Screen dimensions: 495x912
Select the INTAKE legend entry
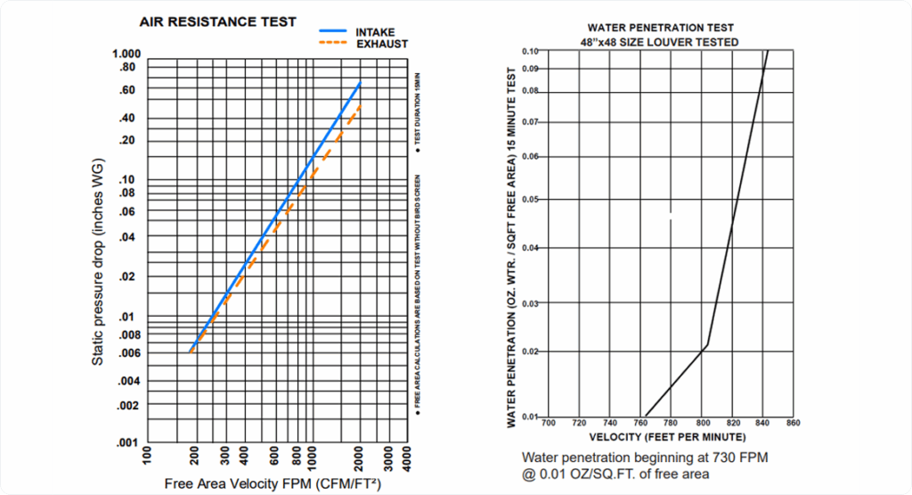pyautogui.click(x=375, y=32)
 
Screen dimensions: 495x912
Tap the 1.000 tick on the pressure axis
pyautogui.click(x=126, y=55)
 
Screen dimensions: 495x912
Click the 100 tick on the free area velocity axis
pyautogui.click(x=147, y=459)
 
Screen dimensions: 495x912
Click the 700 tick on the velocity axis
pyautogui.click(x=549, y=423)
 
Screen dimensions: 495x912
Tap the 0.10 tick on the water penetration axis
pyautogui.click(x=531, y=51)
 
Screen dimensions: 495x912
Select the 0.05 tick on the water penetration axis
pyautogui.click(x=531, y=199)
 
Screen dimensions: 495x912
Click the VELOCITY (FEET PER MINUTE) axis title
pyautogui.click(x=667, y=437)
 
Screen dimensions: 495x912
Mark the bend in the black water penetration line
pyautogui.click(x=707, y=345)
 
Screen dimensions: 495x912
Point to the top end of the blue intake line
pyautogui.click(x=360, y=83)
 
